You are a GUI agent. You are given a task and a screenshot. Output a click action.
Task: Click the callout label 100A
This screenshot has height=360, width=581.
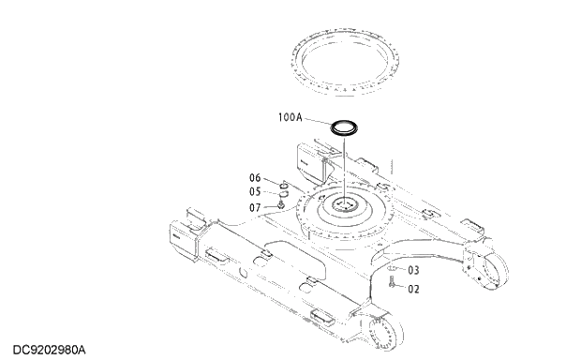[x=290, y=118]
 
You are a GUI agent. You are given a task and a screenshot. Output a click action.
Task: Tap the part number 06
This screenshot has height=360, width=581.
[x=255, y=178]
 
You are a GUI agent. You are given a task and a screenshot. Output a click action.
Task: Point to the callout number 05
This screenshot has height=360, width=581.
[x=255, y=191]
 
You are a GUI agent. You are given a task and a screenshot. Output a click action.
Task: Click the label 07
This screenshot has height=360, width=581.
[x=255, y=207]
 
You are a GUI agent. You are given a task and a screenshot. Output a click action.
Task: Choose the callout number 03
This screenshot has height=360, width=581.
[x=413, y=270]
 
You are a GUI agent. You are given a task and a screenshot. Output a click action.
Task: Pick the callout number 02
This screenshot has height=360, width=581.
[x=413, y=289]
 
